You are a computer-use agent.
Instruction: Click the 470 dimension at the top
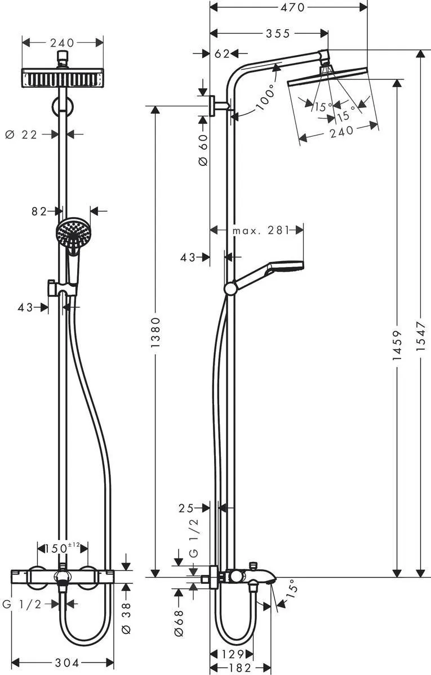coord(288,7)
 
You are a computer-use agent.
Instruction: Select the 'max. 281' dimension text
coord(260,230)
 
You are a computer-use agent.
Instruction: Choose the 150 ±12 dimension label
coord(62,547)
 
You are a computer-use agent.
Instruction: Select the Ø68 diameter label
coord(179,624)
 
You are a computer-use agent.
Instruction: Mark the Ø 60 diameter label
coord(203,148)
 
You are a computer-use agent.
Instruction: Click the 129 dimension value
coord(232,654)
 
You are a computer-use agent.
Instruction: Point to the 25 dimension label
coord(186,508)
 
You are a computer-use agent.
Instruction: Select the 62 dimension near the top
coord(223,53)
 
